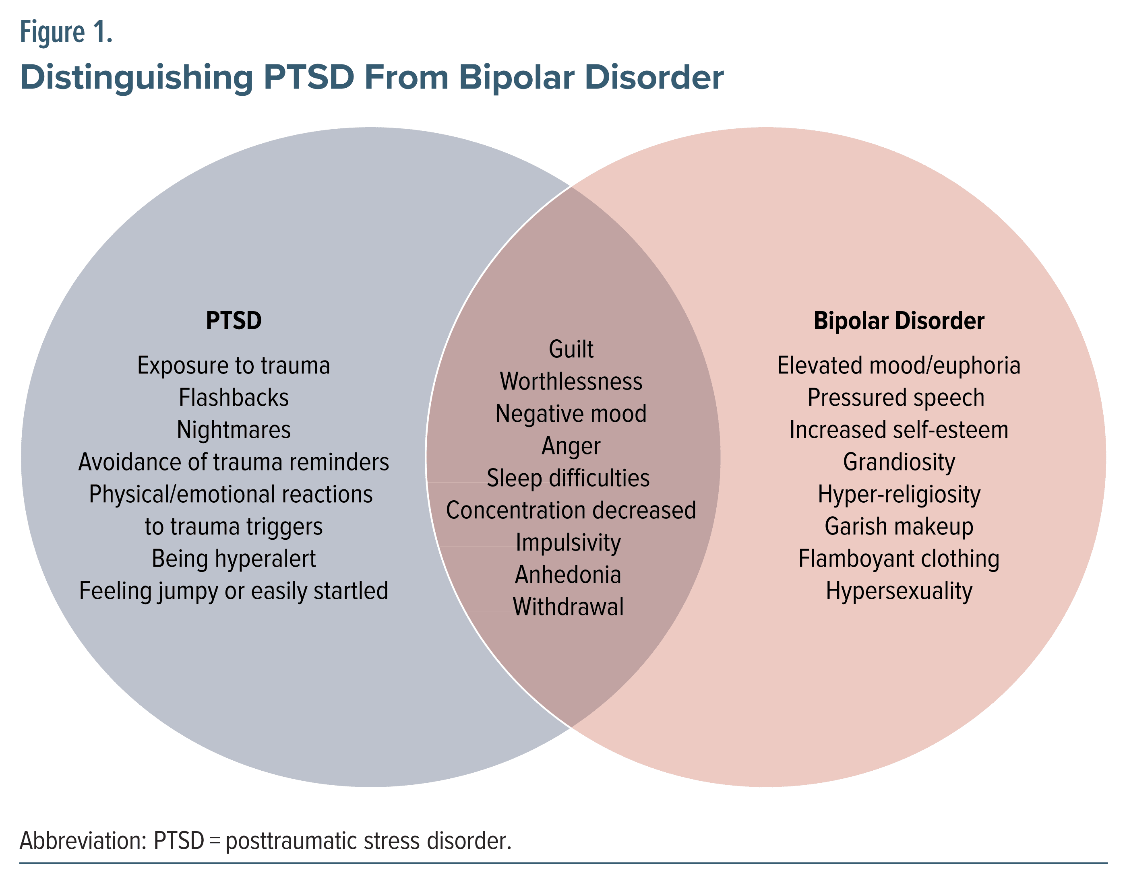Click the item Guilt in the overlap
point(571,349)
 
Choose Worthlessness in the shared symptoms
point(571,382)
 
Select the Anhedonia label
point(568,574)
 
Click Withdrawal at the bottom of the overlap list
point(568,607)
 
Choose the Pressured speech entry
point(896,398)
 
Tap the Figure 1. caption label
point(66,32)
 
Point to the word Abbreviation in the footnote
point(83,841)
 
